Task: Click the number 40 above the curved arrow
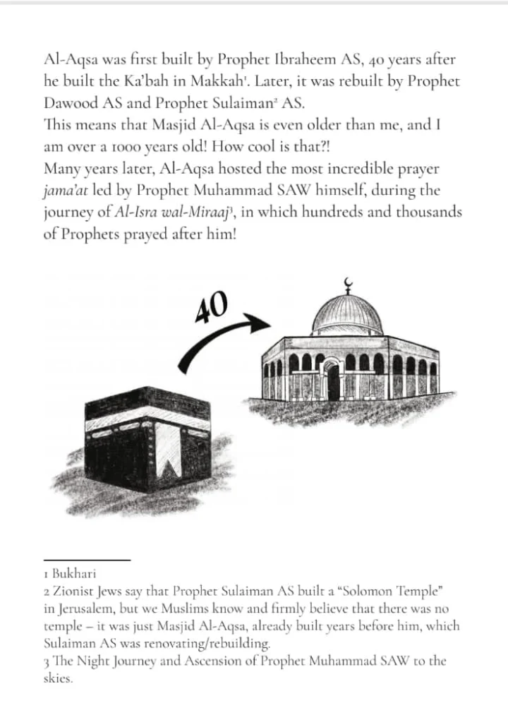212,306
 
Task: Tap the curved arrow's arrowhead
262,324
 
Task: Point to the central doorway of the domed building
333,380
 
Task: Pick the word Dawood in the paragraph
68,103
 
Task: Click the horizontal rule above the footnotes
87,560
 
